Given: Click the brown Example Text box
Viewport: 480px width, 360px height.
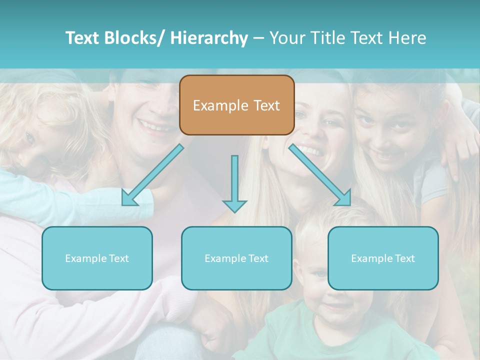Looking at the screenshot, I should click(236, 105).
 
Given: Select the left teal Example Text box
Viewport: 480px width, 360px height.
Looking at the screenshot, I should click(97, 258).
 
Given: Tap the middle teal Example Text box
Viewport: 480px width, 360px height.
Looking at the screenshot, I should click(236, 258).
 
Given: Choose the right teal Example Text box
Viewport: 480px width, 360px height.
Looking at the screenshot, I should click(383, 258).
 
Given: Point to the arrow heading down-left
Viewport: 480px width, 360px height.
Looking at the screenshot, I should click(152, 175).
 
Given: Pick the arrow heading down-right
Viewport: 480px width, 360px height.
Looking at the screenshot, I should click(320, 175).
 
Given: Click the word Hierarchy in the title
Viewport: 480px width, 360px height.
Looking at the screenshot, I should click(209, 38).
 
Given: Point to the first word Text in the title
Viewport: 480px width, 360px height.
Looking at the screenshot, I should click(82, 38).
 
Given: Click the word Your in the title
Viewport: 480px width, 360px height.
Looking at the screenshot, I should click(286, 38).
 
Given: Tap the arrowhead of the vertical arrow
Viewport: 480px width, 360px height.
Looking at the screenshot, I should click(234, 205).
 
